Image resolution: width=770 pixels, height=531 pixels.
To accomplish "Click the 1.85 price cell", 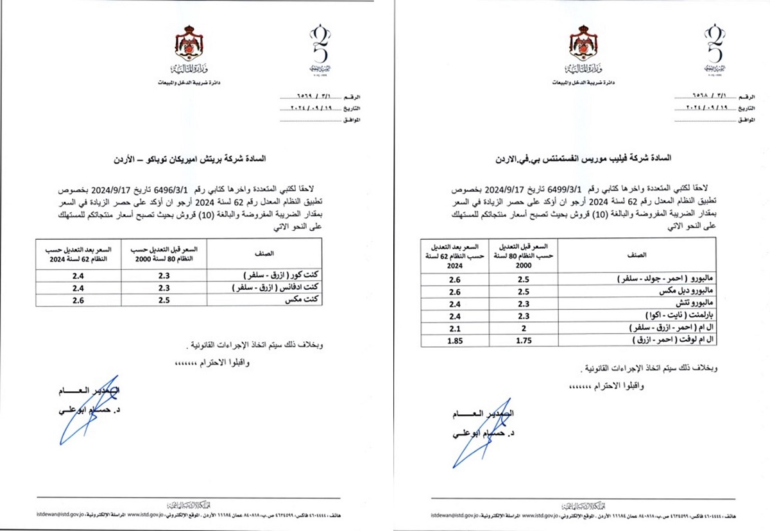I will pyautogui.click(x=455, y=340).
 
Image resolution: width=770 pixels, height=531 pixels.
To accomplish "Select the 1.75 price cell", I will pyautogui.click(x=523, y=340).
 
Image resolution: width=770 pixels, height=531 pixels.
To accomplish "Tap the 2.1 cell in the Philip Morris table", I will pyautogui.click(x=455, y=328).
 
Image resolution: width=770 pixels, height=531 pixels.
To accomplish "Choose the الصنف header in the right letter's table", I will pyautogui.click(x=638, y=254).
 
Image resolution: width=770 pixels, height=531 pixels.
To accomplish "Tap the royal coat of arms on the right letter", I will pyautogui.click(x=583, y=46).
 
